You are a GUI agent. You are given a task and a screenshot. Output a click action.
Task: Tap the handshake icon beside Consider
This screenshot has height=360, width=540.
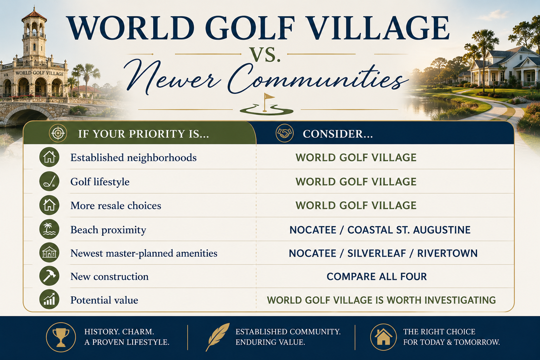pyautogui.click(x=284, y=133)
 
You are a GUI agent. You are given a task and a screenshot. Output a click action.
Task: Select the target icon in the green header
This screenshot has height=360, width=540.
pyautogui.click(x=58, y=133)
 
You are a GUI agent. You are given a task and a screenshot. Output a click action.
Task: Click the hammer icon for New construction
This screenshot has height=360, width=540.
pyautogui.click(x=49, y=276)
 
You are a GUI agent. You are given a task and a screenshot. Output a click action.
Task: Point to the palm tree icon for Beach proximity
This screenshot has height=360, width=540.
pyautogui.click(x=49, y=229)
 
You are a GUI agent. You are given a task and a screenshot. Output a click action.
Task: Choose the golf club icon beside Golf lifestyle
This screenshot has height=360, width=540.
pyautogui.click(x=49, y=181)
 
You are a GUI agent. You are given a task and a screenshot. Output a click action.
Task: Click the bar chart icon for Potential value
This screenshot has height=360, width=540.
pyautogui.click(x=49, y=299)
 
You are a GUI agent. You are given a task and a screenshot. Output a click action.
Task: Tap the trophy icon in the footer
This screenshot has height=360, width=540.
pyautogui.click(x=61, y=337)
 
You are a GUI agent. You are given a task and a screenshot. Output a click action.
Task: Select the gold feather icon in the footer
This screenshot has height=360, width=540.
pyautogui.click(x=218, y=337)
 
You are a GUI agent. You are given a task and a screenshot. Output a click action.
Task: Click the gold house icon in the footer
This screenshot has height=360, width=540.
pyautogui.click(x=383, y=337)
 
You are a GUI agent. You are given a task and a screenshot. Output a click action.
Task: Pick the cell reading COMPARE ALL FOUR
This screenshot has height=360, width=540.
pyautogui.click(x=377, y=277)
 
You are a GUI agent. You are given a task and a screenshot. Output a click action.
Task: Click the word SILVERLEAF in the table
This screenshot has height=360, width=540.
pyautogui.click(x=377, y=253)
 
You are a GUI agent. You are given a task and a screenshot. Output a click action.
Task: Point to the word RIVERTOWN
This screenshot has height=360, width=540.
pyautogui.click(x=448, y=253)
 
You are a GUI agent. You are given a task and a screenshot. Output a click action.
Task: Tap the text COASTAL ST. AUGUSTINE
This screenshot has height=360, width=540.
pyautogui.click(x=409, y=230)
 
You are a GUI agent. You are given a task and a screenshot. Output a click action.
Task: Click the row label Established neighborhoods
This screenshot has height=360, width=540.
pyautogui.click(x=133, y=158)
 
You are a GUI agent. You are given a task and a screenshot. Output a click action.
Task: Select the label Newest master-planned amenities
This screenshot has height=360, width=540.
pyautogui.click(x=144, y=253)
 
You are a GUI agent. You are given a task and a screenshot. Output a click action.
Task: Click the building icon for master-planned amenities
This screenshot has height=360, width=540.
pyautogui.click(x=49, y=253)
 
